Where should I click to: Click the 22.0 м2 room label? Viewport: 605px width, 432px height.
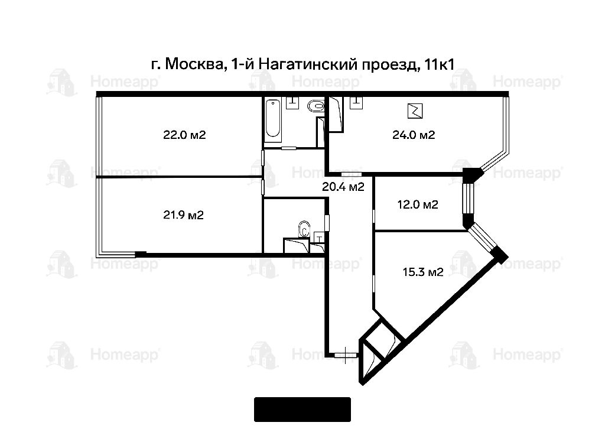[184, 135]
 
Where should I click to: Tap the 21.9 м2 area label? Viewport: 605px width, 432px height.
[183, 215]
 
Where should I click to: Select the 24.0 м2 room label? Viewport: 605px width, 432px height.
[414, 135]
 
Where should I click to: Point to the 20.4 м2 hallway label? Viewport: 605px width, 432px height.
[343, 187]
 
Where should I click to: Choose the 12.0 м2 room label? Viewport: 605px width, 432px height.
[418, 204]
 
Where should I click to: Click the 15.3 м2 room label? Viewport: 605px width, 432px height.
[423, 272]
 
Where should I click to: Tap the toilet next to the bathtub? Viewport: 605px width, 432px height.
[316, 105]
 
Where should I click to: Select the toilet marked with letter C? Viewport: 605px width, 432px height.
[305, 229]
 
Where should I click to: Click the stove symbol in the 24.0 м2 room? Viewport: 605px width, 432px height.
[415, 111]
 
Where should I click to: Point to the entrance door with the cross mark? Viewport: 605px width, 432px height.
[345, 355]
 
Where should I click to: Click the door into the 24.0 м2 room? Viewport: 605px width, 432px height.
[352, 174]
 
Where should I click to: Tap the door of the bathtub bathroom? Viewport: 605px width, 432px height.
[288, 148]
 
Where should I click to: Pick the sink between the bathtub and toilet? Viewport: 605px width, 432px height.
[293, 103]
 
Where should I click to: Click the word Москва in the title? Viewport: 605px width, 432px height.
[196, 64]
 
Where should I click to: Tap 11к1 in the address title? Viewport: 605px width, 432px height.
[439, 64]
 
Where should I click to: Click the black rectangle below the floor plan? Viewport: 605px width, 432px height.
[302, 410]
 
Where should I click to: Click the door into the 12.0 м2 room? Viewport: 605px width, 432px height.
[374, 216]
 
